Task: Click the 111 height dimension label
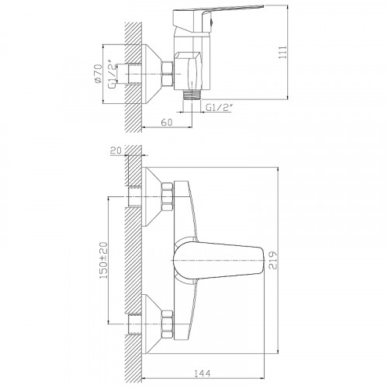[283, 52]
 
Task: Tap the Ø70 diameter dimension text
[98, 74]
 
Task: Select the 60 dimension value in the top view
[167, 122]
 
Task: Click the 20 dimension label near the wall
[116, 151]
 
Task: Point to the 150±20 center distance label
[103, 260]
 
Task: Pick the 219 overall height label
[272, 260]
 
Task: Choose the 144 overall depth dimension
[203, 373]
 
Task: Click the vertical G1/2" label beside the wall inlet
[112, 74]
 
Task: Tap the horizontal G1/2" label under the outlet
[219, 108]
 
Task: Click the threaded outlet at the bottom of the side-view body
[192, 95]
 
